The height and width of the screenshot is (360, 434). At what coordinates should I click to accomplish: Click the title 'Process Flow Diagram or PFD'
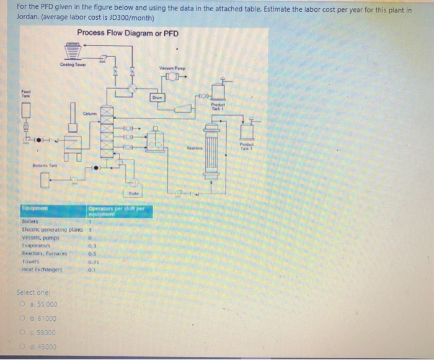(128, 33)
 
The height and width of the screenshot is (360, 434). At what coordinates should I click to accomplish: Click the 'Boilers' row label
(30, 222)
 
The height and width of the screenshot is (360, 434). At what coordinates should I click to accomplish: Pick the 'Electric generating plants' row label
(51, 229)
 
